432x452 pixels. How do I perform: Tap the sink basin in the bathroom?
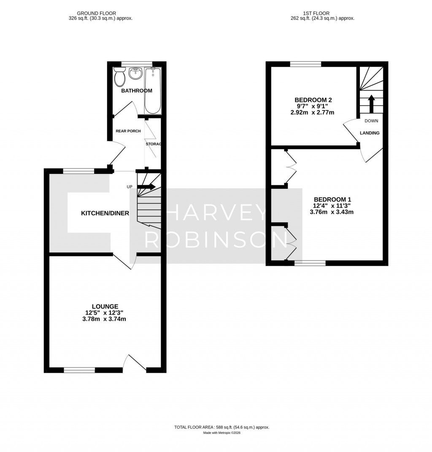pyautogui.click(x=135, y=74)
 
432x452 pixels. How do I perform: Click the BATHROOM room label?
pyautogui.click(x=137, y=91)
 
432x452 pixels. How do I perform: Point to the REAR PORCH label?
pyautogui.click(x=128, y=131)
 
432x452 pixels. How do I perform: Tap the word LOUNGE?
pyautogui.click(x=105, y=306)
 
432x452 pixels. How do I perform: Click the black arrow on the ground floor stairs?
pyautogui.click(x=146, y=187)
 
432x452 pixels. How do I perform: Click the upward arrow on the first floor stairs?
pyautogui.click(x=371, y=104)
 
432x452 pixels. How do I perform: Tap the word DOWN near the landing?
pyautogui.click(x=371, y=121)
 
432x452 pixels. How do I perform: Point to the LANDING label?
pyautogui.click(x=370, y=133)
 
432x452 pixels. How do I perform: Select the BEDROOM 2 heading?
pyautogui.click(x=313, y=100)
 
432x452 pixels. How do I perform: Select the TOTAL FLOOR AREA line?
pyautogui.click(x=221, y=427)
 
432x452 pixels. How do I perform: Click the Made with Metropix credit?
pyautogui.click(x=221, y=433)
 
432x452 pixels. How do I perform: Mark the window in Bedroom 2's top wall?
pyautogui.click(x=306, y=64)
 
